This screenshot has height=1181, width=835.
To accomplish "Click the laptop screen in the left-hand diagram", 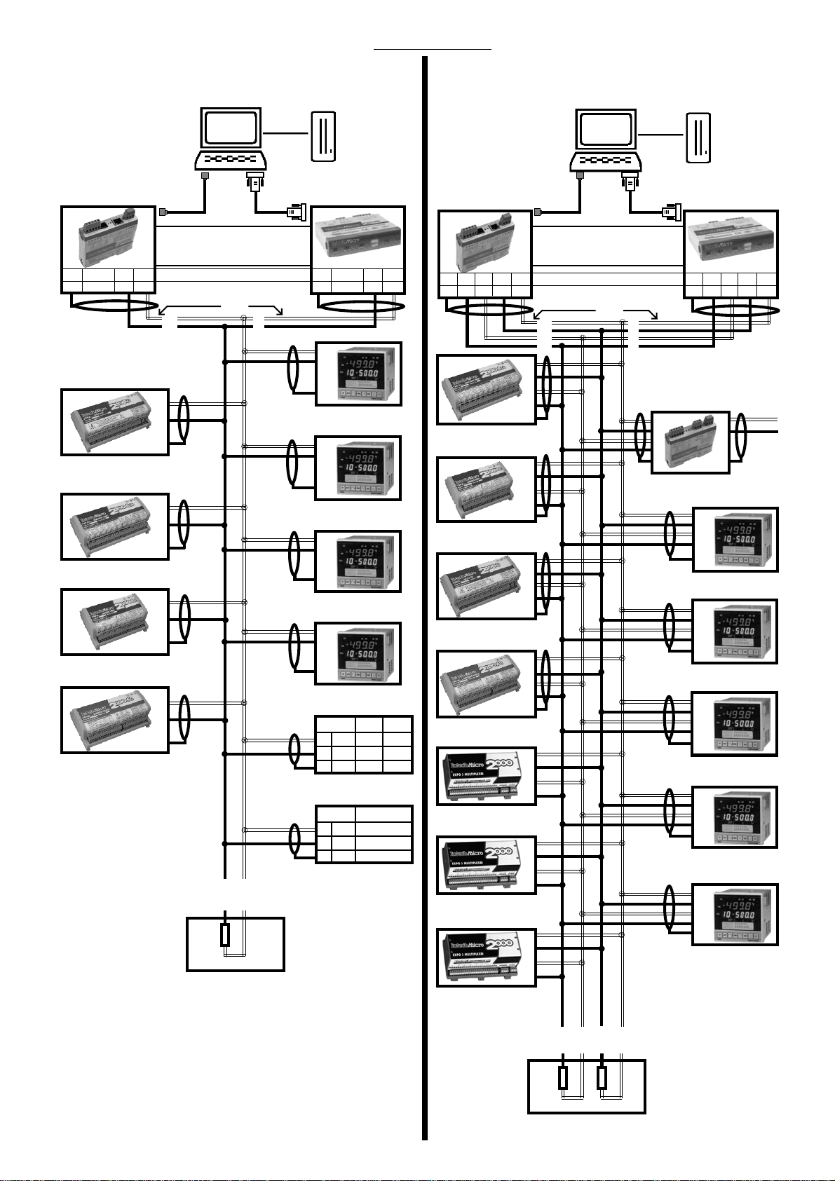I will coord(231,130).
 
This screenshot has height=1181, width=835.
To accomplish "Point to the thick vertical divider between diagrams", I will coord(425,596).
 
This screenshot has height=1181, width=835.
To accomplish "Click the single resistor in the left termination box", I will coord(225,935).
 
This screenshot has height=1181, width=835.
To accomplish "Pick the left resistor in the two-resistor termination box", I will coord(563,1078).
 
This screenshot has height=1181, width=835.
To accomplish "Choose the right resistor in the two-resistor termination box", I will coord(602,1078).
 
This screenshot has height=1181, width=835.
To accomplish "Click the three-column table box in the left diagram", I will coord(364,744).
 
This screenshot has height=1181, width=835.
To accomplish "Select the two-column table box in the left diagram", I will coord(364,834).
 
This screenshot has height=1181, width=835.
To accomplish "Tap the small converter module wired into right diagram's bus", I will coord(690,442).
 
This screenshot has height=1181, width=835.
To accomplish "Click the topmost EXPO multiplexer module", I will coord(487,776).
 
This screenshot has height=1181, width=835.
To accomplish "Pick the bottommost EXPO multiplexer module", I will coord(487,957).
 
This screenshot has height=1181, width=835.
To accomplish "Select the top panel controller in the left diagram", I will coord(358,374).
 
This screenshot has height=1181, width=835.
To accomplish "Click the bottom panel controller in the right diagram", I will coord(735,915).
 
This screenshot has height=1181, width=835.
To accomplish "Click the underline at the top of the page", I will coord(433,50).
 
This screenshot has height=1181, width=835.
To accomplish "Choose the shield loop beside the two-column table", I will coord(295,837).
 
